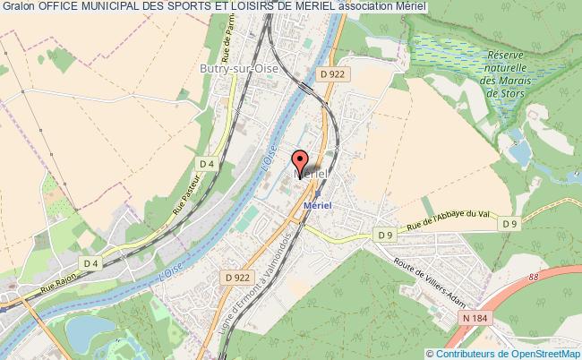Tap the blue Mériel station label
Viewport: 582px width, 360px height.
coord(318,204)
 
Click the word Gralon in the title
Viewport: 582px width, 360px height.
coord(19,7)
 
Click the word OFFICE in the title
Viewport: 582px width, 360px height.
coord(63,7)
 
